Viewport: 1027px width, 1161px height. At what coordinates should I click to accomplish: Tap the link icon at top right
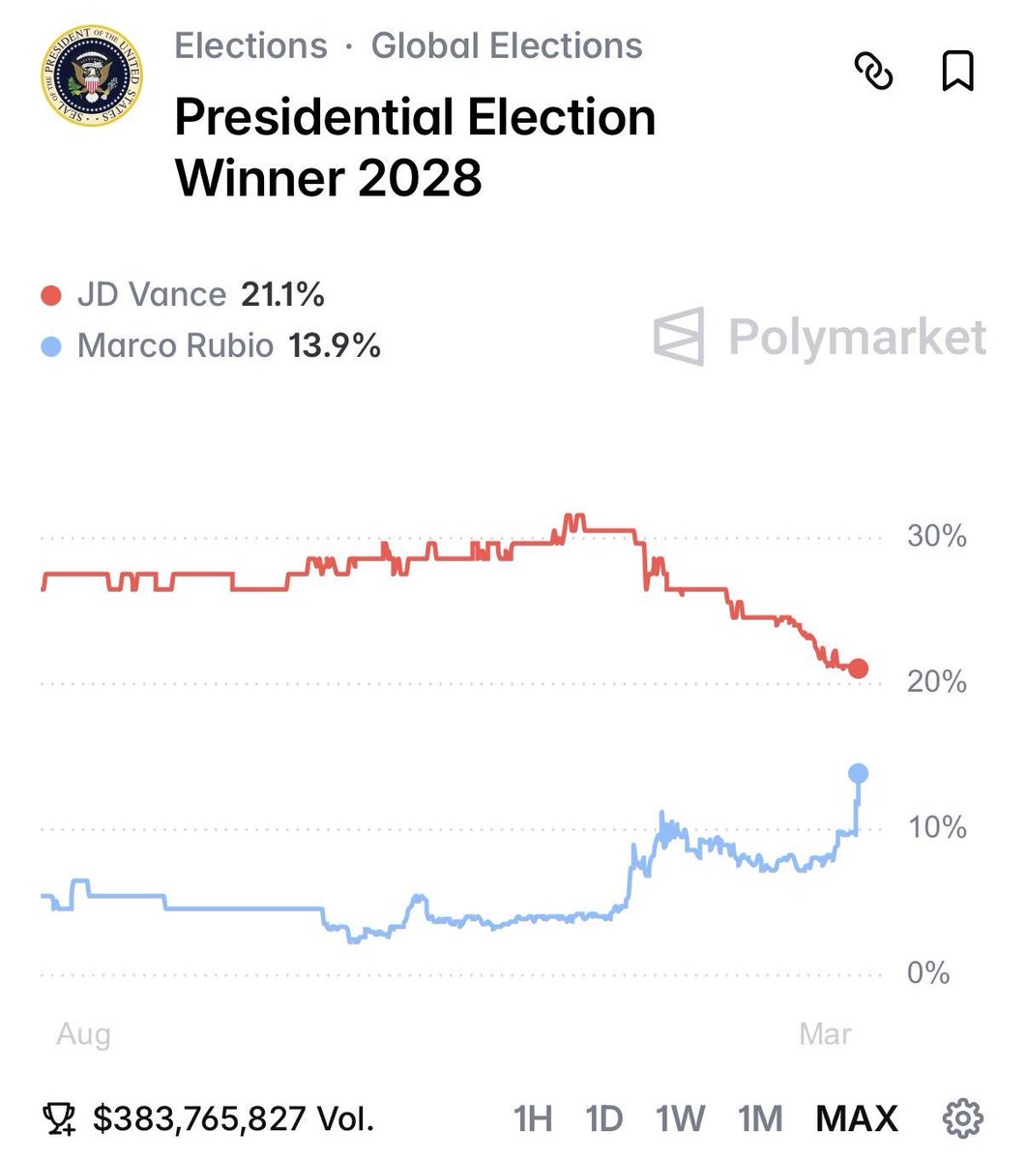tap(873, 72)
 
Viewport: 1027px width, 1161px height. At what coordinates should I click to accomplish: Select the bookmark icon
tap(957, 72)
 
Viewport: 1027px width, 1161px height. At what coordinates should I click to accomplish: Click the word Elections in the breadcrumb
tap(250, 46)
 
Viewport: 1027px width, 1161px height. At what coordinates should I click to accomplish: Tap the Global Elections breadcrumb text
tap(507, 46)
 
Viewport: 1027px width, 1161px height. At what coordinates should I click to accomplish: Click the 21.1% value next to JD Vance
tap(282, 295)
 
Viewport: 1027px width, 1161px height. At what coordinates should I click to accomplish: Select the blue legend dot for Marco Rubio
tap(52, 346)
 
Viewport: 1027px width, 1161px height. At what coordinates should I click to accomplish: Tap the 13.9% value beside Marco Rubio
tap(335, 345)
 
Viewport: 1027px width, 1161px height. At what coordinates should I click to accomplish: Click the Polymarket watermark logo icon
tap(679, 337)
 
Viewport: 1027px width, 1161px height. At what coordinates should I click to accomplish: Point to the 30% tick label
tap(936, 536)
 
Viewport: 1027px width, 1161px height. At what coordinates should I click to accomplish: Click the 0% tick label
tap(928, 973)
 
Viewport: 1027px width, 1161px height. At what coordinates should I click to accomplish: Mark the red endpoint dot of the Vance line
tap(858, 669)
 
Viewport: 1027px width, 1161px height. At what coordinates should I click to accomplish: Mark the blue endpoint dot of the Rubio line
tap(858, 773)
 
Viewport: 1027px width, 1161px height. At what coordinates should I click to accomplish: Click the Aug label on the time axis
tap(83, 1034)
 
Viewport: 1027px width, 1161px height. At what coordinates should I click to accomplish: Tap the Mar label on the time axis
tap(825, 1034)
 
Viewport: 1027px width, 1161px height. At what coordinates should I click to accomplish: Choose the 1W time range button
tap(680, 1118)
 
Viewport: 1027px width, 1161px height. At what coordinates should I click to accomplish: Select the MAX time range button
tap(857, 1118)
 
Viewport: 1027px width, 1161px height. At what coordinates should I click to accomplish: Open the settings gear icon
tap(962, 1117)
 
